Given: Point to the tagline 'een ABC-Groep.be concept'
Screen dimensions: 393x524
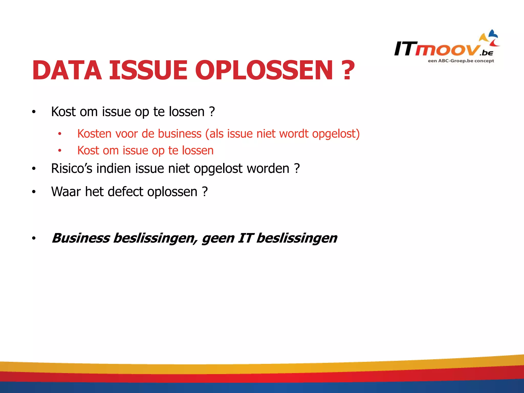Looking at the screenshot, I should click(x=461, y=61).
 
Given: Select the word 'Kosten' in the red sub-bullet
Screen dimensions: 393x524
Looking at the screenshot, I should click(x=94, y=134).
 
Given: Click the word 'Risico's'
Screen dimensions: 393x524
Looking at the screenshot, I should click(x=72, y=169).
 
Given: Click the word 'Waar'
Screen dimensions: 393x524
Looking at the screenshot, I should click(x=66, y=192).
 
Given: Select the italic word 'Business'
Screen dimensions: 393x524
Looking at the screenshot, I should click(x=81, y=238).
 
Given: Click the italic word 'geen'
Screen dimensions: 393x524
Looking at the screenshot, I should click(x=218, y=239).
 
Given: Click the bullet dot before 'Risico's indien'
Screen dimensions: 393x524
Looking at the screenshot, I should click(x=34, y=169).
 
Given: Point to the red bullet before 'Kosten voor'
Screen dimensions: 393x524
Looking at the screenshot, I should click(x=60, y=134).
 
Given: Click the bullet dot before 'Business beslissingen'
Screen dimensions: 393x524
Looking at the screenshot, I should click(x=34, y=238).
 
